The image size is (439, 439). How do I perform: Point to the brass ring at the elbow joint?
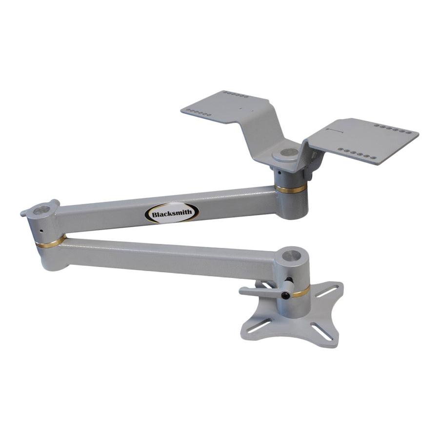click(51, 241)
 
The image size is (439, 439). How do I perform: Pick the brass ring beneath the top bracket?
click(291, 188)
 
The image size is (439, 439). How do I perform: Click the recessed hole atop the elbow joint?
click(42, 210)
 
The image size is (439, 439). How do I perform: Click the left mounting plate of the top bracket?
click(224, 107)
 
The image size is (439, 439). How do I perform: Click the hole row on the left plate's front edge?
click(200, 113)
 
